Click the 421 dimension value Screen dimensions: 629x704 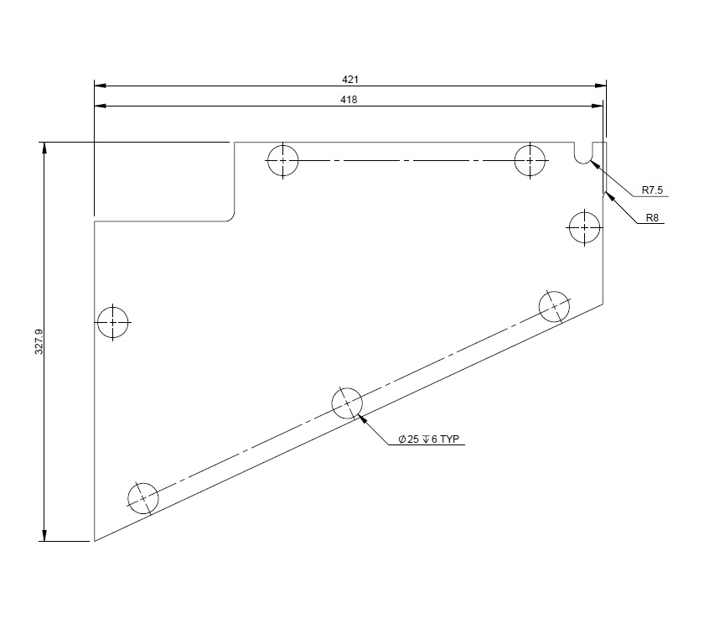pos(350,79)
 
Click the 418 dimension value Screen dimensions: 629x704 pos(350,98)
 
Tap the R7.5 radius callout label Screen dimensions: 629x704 pos(652,190)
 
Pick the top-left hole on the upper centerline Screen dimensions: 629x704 pos(283,159)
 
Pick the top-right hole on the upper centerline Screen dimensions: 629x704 pos(531,159)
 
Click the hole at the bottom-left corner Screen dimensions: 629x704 pos(143,497)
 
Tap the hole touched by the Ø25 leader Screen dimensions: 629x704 pos(347,403)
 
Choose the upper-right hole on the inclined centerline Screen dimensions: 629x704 pos(554,306)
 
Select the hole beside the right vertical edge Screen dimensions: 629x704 pos(583,226)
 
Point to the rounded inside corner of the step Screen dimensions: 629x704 pos(230,217)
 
